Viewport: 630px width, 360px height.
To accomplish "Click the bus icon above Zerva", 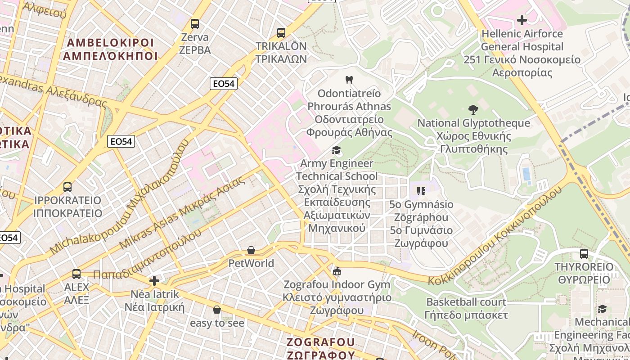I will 195,23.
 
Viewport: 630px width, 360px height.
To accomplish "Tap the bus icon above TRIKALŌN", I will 281,32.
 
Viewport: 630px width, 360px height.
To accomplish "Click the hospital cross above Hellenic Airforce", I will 522,20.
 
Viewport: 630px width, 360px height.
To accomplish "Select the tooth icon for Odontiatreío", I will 349,80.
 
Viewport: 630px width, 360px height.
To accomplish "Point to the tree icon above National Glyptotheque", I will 473,109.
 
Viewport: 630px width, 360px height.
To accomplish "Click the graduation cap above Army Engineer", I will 336,150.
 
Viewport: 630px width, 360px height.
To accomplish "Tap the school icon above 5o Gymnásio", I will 421,191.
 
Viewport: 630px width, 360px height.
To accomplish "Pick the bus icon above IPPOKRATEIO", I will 67,187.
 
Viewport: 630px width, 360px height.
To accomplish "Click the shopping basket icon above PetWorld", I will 251,250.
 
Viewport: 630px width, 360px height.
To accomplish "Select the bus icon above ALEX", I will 76,274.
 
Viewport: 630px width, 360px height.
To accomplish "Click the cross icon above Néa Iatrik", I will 154,281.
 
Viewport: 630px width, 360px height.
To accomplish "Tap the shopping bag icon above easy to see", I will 217,310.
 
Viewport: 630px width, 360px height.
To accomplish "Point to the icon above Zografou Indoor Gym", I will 337,271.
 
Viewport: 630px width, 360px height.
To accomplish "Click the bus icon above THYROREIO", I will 584,253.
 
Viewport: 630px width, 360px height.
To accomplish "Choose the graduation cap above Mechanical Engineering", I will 602,309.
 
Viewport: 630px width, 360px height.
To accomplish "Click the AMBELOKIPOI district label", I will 110,49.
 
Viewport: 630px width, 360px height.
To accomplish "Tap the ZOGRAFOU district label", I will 321,348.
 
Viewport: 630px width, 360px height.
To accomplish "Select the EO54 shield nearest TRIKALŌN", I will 224,83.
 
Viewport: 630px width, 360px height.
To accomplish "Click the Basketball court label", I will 466,308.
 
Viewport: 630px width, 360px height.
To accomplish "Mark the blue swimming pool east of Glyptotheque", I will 526,175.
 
